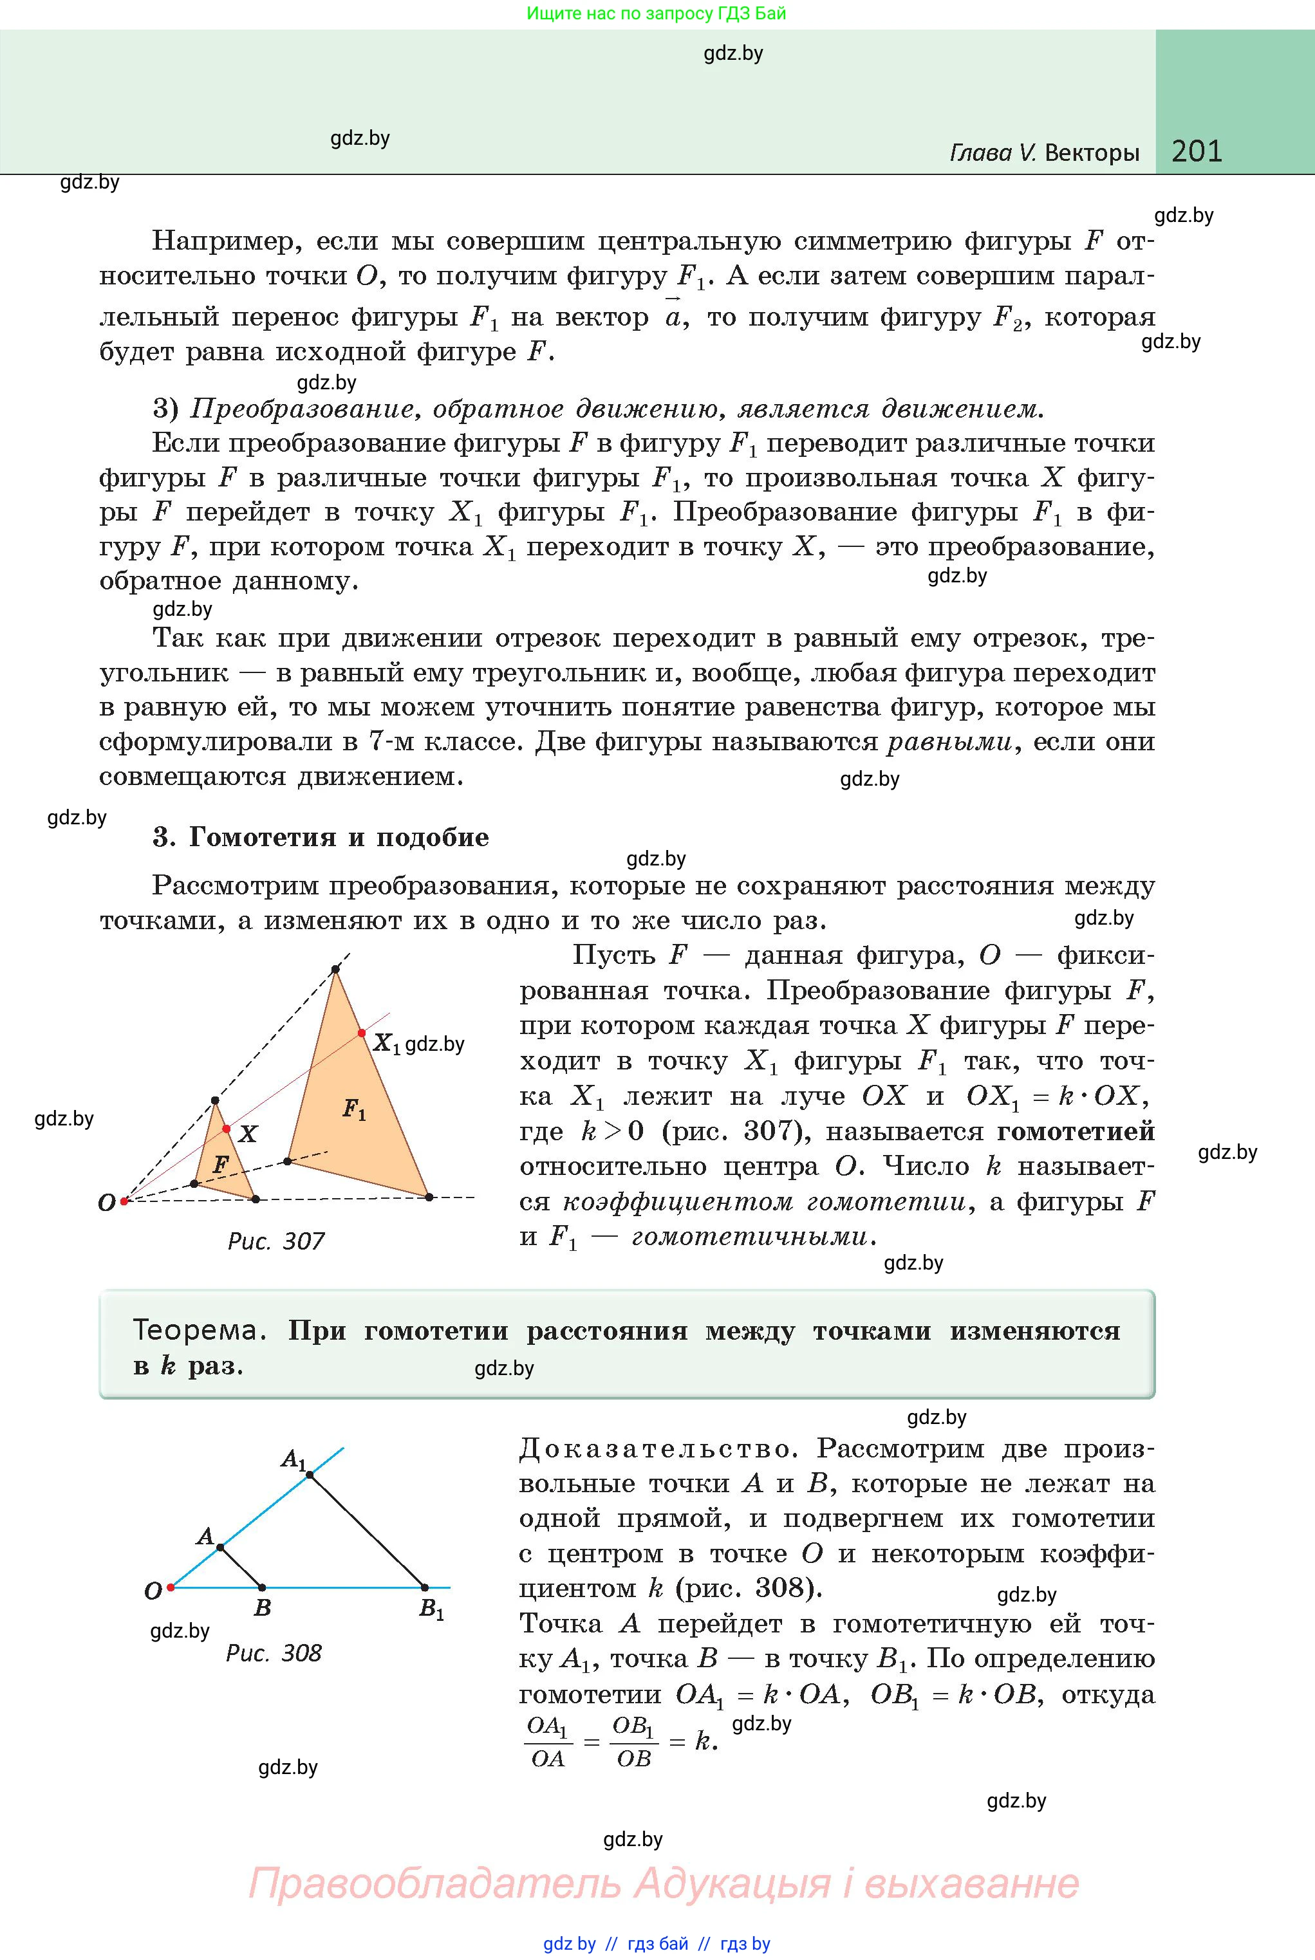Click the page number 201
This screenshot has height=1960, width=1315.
(1196, 151)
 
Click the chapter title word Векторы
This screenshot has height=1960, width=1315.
(1092, 153)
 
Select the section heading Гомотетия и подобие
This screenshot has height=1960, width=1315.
(338, 837)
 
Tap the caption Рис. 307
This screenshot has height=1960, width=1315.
(276, 1241)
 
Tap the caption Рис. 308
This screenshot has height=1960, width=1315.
(274, 1652)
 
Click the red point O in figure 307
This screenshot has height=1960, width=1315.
(124, 1201)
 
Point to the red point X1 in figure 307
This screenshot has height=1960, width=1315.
(362, 1032)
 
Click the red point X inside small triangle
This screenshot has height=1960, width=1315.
(225, 1129)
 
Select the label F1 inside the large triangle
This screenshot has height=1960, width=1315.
(354, 1110)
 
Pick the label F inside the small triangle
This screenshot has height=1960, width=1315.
(221, 1165)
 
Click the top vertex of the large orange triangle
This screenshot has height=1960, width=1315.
(335, 970)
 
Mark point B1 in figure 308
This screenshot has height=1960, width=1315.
(424, 1587)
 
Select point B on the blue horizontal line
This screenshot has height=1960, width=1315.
(262, 1587)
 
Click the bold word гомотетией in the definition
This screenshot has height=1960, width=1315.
(1075, 1131)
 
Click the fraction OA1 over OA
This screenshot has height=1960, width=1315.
(548, 1742)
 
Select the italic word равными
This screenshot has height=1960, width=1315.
(949, 742)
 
